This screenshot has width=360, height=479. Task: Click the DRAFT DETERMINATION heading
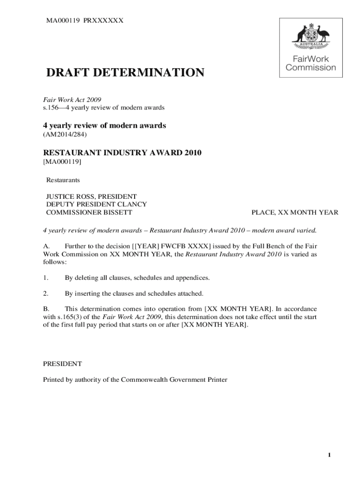click(x=125, y=73)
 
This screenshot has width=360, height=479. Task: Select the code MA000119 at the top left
click(x=62, y=20)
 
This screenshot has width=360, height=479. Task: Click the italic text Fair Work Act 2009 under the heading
click(x=72, y=100)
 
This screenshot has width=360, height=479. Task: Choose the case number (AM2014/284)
click(x=65, y=135)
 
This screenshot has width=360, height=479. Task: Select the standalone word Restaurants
click(x=63, y=180)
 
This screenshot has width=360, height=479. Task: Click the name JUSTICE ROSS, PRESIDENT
click(x=91, y=196)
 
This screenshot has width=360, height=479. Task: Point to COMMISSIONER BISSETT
click(x=89, y=212)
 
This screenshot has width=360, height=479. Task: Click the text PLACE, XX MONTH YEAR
click(x=295, y=212)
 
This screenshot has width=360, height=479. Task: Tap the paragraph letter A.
click(x=46, y=246)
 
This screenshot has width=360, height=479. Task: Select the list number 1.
click(x=46, y=278)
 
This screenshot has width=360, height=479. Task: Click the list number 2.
click(x=46, y=293)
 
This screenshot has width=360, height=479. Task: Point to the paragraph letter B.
click(x=46, y=309)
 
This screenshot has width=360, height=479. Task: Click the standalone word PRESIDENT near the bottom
click(x=63, y=363)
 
